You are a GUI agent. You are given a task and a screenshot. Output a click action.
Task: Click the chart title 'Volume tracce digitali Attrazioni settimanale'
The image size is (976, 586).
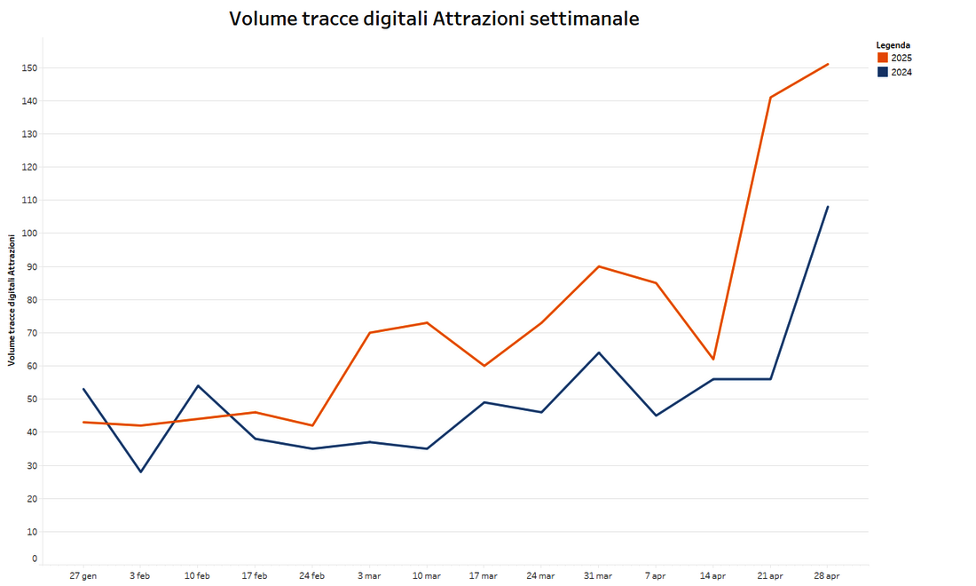[434, 19]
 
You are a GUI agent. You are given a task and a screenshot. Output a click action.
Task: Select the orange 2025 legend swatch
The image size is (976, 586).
[882, 58]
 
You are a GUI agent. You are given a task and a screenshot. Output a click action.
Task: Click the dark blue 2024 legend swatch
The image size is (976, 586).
[882, 72]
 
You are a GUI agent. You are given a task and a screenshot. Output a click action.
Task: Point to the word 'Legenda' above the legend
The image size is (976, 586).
[893, 44]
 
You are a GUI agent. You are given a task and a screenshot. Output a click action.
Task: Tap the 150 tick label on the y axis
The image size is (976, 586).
[31, 68]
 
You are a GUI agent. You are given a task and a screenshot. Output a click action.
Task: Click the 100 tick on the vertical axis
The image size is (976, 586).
[31, 234]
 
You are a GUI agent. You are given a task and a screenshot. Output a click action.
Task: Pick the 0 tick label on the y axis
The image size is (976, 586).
[35, 558]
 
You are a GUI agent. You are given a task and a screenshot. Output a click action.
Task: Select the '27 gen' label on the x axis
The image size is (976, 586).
[83, 576]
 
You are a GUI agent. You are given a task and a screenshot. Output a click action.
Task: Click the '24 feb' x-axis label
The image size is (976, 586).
[311, 576]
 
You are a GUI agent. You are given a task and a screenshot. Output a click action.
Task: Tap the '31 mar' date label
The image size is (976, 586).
[598, 576]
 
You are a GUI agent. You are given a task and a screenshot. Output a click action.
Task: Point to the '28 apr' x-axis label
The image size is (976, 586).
[827, 576]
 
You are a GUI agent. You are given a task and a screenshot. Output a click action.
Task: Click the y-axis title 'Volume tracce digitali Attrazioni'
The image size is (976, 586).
[12, 300]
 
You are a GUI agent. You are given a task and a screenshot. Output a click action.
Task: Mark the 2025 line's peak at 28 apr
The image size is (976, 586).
[828, 64]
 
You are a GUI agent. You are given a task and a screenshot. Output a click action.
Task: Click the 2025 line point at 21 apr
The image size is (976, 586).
[770, 97]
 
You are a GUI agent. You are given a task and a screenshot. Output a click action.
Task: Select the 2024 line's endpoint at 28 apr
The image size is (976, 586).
[828, 207]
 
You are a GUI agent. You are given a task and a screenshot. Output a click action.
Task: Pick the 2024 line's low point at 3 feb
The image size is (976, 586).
[140, 471]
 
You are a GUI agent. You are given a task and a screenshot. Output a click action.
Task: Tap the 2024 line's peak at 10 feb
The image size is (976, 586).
[198, 385]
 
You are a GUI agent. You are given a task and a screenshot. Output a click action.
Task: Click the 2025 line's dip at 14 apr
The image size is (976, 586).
[713, 359]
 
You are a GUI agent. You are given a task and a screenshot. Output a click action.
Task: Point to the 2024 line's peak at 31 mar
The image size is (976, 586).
[599, 352]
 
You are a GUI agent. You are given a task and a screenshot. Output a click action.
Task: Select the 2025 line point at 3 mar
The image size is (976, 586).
[369, 333]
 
